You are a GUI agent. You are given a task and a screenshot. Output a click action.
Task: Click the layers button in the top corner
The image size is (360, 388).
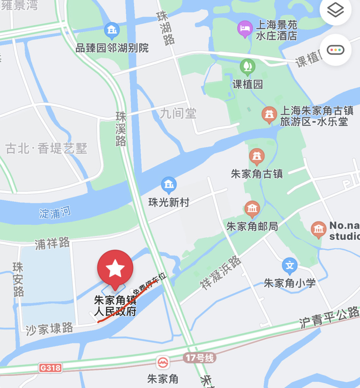(x=335, y=10)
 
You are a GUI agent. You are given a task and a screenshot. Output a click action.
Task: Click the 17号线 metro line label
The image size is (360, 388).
(x=200, y=358)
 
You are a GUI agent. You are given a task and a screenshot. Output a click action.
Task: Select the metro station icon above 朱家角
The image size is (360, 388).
(x=162, y=363)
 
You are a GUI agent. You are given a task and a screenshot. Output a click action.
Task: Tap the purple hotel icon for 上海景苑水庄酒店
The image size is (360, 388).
(x=245, y=29)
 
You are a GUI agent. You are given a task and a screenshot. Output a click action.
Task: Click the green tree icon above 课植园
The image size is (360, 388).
(x=247, y=66)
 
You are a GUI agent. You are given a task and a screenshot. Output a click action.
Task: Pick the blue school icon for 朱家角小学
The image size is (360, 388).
(x=289, y=266)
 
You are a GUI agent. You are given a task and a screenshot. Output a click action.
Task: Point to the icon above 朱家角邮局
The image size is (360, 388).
(x=252, y=210)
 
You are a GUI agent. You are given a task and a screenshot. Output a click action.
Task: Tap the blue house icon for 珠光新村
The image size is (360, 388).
(x=169, y=185)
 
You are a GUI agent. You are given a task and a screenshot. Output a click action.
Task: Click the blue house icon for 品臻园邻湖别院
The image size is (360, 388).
(x=112, y=30)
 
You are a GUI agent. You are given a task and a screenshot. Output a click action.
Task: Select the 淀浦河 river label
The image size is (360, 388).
(x=55, y=213)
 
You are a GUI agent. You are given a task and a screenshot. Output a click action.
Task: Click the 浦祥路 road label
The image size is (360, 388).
(x=52, y=244)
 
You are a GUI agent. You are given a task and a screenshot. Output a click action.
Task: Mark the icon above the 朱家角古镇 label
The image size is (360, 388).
(x=257, y=157)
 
